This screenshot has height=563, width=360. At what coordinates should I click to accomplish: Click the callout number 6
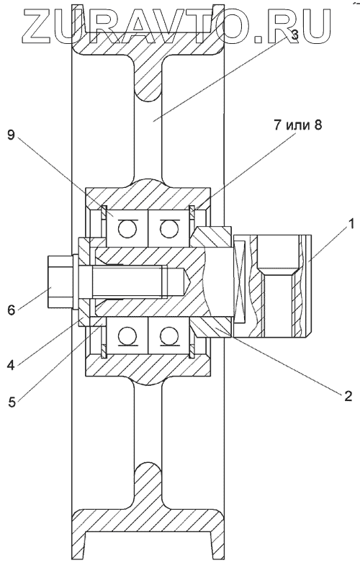[x=12, y=310]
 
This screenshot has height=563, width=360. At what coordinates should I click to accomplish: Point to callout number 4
[x=12, y=365]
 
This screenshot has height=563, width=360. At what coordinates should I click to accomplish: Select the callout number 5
[x=12, y=402]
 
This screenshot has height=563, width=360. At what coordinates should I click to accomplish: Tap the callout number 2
[x=348, y=395]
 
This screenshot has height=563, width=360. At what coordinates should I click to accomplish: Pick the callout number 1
[x=351, y=225]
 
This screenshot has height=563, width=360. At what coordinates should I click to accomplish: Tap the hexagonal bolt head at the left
[x=60, y=281]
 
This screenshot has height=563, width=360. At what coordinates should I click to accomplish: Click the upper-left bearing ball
[x=127, y=229]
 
